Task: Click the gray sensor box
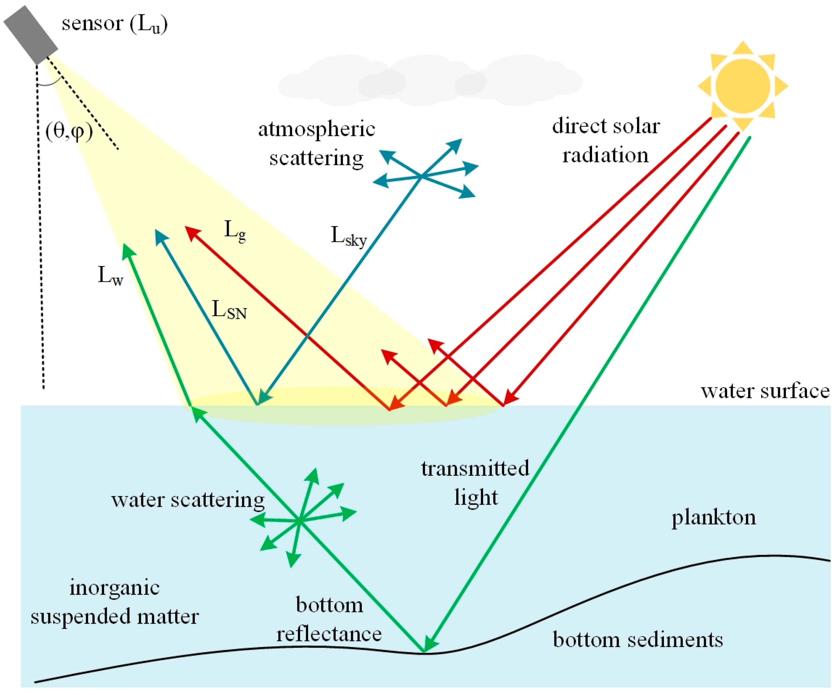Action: click(x=31, y=35)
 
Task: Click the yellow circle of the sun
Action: click(x=742, y=86)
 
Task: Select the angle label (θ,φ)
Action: click(x=69, y=131)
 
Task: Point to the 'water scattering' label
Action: click(x=188, y=500)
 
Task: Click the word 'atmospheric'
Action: click(x=317, y=129)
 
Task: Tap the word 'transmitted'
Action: click(x=475, y=468)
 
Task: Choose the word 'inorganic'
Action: click(x=115, y=588)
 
